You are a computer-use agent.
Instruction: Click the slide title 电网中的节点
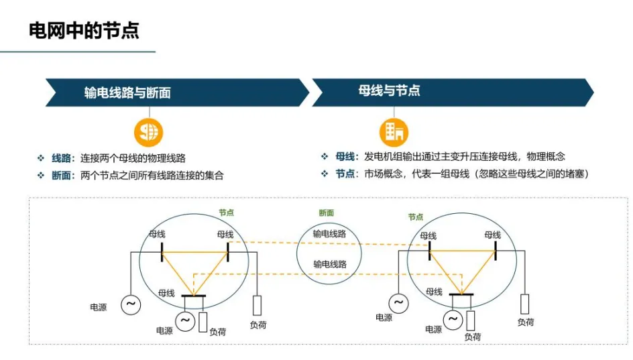pos(84,29)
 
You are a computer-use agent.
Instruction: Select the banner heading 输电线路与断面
pos(127,93)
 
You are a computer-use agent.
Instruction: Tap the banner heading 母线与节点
pos(390,91)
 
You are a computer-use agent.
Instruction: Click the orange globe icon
pos(148,131)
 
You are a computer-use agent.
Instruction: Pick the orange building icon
pos(394,131)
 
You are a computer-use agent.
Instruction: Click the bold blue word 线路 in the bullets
pos(61,159)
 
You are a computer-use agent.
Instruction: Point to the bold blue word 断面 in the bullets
pos(61,176)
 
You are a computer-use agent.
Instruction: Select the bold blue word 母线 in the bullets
pos(345,157)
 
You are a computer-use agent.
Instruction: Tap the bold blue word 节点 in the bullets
pos(345,174)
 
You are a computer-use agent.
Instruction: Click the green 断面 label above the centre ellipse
pos(327,213)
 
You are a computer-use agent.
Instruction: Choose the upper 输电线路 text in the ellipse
pos(329,234)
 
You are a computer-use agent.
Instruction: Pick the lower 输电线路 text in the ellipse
pos(329,264)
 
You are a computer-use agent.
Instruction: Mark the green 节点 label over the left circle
pos(226,213)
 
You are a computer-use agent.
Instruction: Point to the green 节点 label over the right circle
pos(416,217)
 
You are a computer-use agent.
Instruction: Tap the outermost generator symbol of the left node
pos(131,304)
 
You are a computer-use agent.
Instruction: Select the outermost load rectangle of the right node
pos(526,304)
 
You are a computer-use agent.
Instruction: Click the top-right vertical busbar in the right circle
pos(495,250)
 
